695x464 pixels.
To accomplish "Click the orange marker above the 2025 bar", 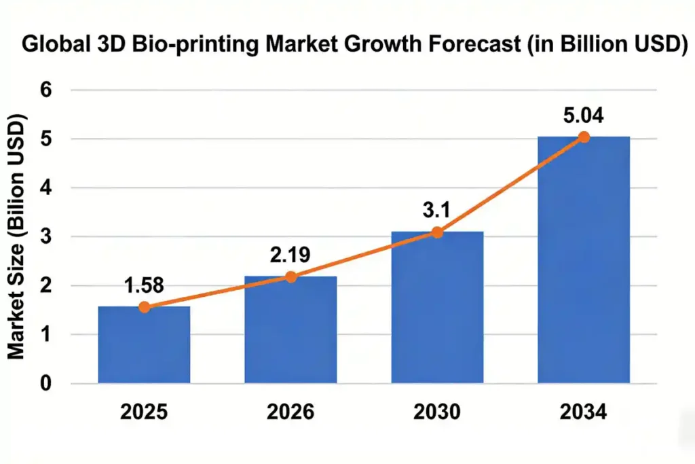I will [144, 307].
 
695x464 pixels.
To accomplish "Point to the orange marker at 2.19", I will [290, 276].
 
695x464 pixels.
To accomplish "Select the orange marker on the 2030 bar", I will [437, 232].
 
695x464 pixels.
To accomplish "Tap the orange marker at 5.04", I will [583, 137].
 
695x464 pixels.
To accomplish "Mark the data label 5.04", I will [583, 115].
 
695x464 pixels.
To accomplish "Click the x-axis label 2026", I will [290, 412].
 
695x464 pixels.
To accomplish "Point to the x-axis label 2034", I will [583, 412].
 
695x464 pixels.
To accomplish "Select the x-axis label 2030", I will [437, 412].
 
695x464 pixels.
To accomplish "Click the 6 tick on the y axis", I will [46, 90].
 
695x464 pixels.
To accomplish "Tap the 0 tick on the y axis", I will [46, 384].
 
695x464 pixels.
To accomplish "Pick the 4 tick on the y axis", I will [46, 188].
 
